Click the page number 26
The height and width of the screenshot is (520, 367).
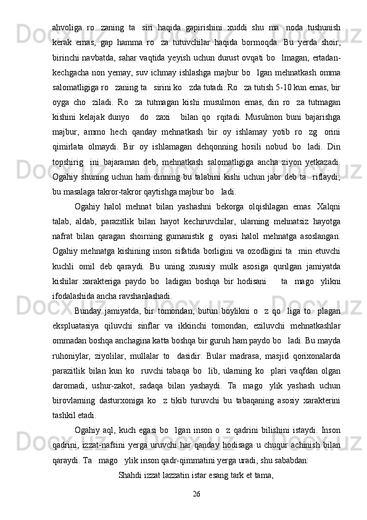coord(197,476)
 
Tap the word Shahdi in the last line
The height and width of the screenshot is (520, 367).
coord(132,458)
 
